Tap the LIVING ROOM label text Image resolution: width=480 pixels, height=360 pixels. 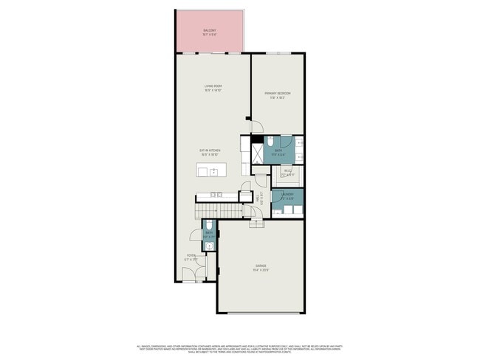(213, 86)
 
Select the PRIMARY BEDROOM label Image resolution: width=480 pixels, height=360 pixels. (278, 93)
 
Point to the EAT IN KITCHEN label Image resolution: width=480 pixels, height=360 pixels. (210, 150)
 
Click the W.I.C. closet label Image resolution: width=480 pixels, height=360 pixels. (288, 172)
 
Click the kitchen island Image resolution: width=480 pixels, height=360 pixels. (210, 172)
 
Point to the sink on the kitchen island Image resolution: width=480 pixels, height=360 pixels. (213, 172)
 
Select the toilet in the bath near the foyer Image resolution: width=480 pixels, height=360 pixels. (210, 224)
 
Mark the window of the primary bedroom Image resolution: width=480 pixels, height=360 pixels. (278, 54)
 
